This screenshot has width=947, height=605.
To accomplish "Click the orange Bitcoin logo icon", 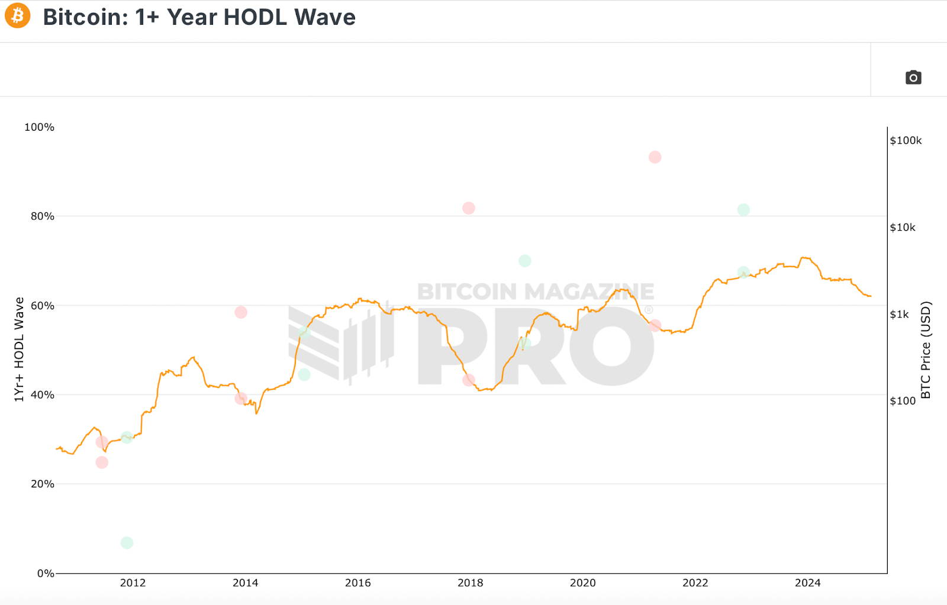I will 18,16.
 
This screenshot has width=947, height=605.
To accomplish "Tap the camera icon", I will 913,77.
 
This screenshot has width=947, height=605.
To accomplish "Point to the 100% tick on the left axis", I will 39,127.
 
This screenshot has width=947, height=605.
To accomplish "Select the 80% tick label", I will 43,216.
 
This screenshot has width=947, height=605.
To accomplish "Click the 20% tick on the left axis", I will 43,484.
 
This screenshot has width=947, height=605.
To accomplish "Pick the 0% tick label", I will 46,573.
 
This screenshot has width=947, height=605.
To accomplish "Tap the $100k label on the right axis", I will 906,141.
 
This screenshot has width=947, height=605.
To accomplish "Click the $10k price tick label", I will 903,228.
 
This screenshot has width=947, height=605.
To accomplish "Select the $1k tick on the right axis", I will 899,315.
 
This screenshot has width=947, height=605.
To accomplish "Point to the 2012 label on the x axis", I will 133,583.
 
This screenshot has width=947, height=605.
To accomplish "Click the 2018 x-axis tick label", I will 470,583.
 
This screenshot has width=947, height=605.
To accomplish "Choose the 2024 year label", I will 807,583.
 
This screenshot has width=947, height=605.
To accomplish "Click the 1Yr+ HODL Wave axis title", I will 19,350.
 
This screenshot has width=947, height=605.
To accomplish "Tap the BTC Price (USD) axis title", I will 926,350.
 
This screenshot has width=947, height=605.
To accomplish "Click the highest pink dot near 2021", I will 655,157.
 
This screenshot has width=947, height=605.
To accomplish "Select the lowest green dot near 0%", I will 127,543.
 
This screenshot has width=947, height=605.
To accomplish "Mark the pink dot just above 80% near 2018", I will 469,208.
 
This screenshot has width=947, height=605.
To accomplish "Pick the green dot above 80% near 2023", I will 743,210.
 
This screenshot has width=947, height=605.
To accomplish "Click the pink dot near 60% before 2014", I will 241,312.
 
